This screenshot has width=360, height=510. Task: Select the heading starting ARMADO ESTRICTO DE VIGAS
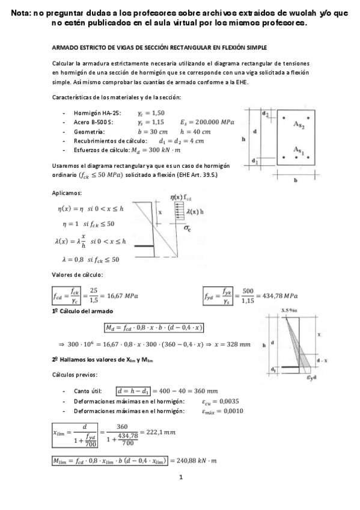click(x=160, y=47)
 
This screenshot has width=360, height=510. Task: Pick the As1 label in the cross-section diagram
click(x=299, y=149)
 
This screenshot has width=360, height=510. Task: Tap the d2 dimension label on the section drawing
click(x=265, y=114)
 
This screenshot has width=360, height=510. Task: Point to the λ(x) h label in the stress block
click(x=194, y=211)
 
